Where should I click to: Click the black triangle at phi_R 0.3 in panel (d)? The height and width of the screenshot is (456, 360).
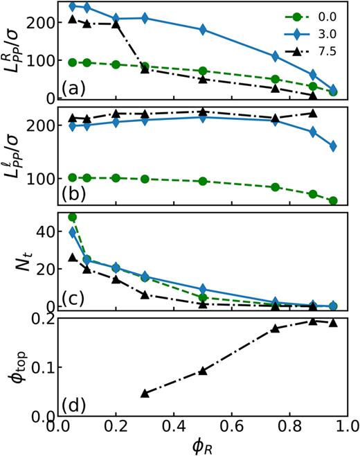(x=145, y=393)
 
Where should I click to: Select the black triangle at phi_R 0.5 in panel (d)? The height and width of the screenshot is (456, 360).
(x=202, y=371)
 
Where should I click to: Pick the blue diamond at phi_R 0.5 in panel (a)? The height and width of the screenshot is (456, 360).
(x=202, y=30)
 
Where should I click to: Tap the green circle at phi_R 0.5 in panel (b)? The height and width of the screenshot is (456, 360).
(x=202, y=181)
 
